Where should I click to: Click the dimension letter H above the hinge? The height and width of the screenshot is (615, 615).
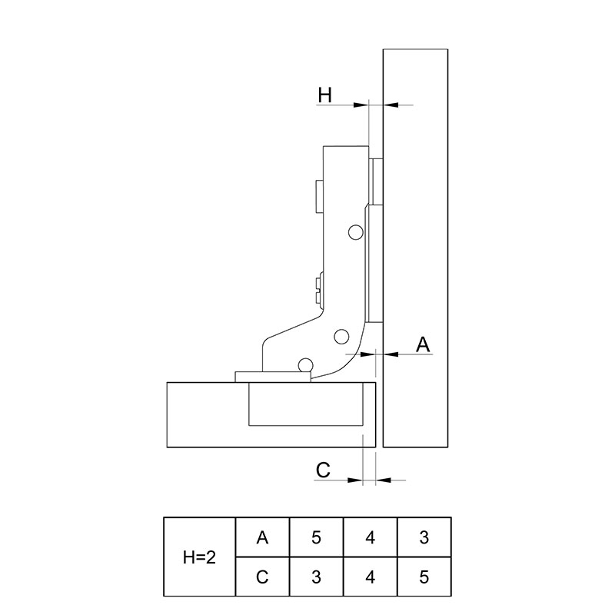(x=324, y=95)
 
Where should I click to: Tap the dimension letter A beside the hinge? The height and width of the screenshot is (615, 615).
(x=423, y=344)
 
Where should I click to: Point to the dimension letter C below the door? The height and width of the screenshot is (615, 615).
(x=323, y=470)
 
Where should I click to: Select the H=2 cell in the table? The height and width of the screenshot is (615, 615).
(x=200, y=557)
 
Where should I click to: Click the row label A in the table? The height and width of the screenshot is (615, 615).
(x=262, y=537)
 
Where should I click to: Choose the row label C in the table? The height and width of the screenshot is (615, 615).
(x=262, y=577)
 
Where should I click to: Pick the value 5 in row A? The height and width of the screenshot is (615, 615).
(x=316, y=537)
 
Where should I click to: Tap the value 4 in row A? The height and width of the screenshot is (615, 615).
(x=371, y=537)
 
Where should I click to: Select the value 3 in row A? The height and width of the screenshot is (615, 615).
(x=424, y=537)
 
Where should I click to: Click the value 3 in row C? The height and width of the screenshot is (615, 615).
(x=316, y=577)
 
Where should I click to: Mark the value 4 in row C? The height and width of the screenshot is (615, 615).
(x=371, y=577)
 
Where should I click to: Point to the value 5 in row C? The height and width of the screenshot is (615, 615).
(x=424, y=577)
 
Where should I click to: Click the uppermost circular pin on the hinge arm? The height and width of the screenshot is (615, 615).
(x=356, y=232)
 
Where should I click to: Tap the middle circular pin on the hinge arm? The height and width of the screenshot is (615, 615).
(x=341, y=337)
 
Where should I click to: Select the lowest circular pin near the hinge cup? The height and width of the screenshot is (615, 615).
(x=305, y=364)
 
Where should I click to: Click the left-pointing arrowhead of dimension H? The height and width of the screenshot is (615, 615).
(x=391, y=105)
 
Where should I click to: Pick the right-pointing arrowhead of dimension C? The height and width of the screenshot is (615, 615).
(x=355, y=480)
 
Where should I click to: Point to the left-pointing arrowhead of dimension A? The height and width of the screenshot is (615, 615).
(x=391, y=354)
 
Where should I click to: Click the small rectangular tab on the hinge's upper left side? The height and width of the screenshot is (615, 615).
(x=319, y=196)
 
